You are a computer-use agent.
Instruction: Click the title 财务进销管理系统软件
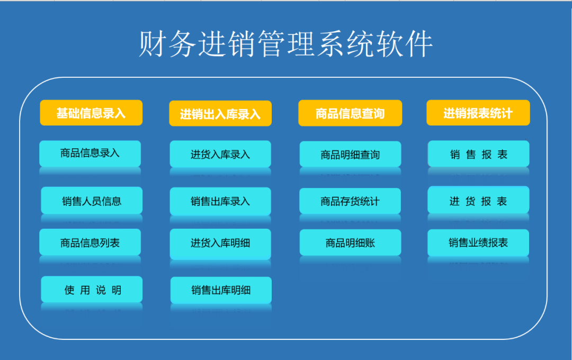(285, 44)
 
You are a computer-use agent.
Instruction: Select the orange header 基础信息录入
(91, 113)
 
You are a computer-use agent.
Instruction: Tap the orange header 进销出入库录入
(220, 113)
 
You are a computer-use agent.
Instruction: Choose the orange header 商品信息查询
(350, 113)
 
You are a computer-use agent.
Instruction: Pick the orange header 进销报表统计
(478, 113)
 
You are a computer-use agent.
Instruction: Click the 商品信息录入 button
(90, 154)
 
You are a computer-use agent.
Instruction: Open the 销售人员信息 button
(92, 200)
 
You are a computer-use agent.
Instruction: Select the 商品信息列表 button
(90, 242)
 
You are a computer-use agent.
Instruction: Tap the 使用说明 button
(92, 289)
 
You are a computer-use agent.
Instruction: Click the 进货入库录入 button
(220, 154)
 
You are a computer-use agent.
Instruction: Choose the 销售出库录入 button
(220, 201)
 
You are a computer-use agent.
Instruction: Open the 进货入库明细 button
(220, 244)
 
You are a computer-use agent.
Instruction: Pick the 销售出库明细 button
(221, 290)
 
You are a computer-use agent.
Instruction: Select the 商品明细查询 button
(350, 154)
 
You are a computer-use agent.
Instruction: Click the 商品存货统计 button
(350, 201)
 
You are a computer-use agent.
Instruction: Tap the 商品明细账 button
(350, 242)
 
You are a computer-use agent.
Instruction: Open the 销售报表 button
(479, 154)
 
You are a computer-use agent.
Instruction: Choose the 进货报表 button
(478, 200)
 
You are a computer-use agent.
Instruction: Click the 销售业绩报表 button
(478, 243)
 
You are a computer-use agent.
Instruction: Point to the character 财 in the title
(152, 44)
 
